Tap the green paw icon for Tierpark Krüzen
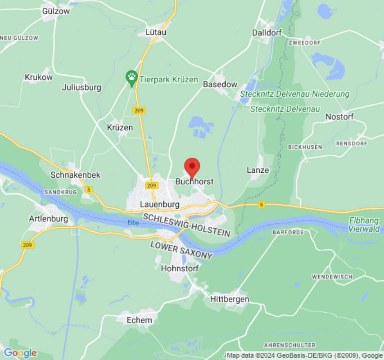[131, 79]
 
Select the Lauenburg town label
[160, 204]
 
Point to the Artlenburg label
[48, 219]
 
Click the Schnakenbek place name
[76, 175]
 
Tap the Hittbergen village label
[230, 299]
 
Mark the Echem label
[140, 320]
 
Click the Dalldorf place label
[267, 32]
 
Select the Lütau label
[156, 32]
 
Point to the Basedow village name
[220, 84]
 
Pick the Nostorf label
[339, 117]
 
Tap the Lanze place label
[258, 170]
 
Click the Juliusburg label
[81, 87]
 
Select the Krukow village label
[39, 77]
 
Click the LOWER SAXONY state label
[181, 250]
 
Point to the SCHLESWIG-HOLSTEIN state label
[187, 225]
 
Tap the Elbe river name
[133, 222]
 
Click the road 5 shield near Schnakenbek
[89, 190]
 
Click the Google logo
[20, 353]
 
